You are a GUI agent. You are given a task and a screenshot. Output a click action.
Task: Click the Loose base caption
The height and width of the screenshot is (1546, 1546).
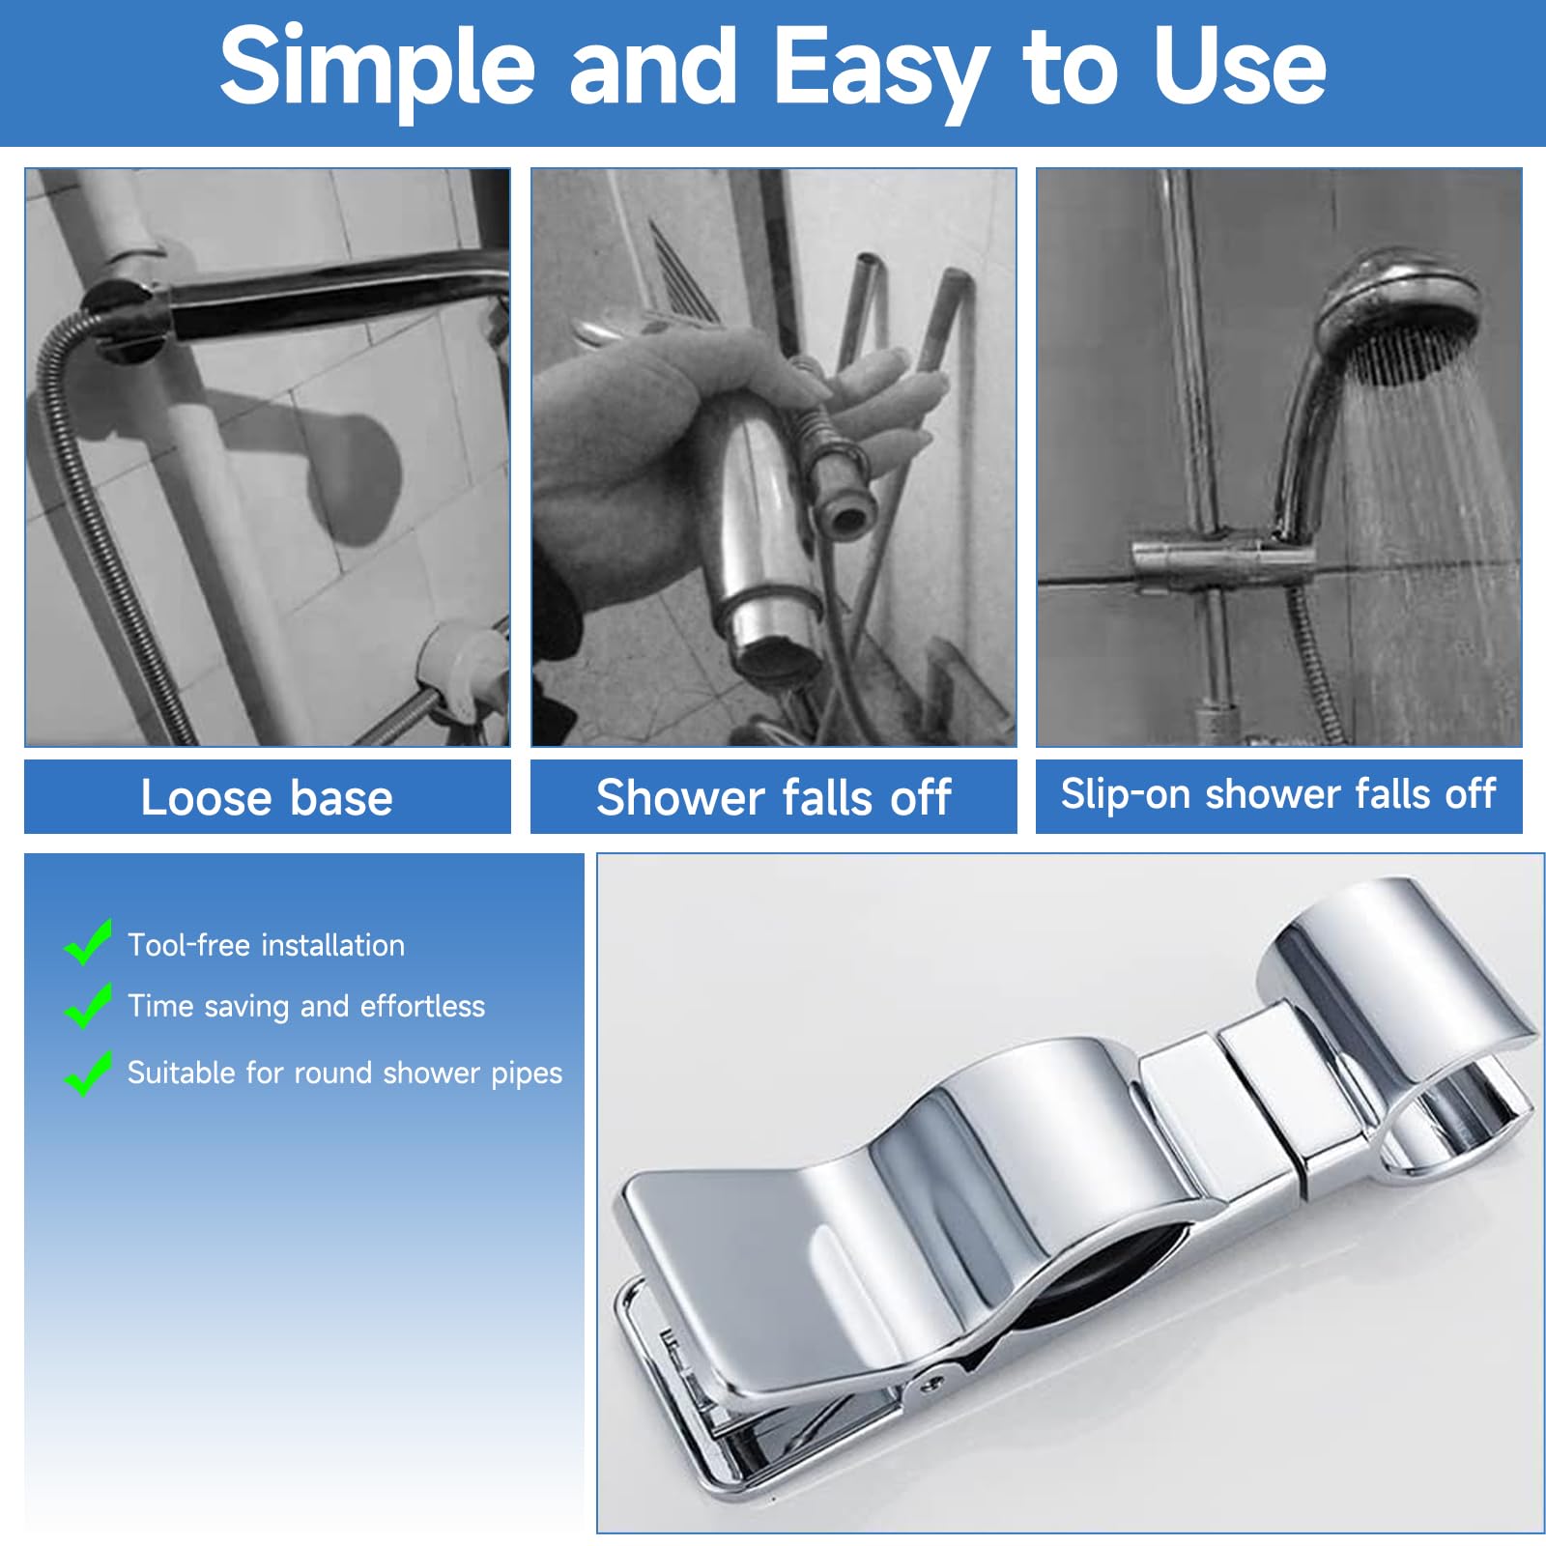coord(267,798)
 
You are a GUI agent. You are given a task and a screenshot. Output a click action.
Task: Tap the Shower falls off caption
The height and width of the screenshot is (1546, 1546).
coord(774,798)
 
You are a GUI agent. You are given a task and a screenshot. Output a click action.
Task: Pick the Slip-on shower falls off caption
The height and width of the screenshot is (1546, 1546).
coord(1278,794)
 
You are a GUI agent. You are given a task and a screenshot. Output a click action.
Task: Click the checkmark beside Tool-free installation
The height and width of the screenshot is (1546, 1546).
coord(88,941)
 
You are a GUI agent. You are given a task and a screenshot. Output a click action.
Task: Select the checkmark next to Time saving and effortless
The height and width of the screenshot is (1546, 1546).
coord(88,1005)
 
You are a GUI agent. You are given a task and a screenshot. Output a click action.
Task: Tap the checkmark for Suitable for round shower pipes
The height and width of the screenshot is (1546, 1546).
coord(88,1073)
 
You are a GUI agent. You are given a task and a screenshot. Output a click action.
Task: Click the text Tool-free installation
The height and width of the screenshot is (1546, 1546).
coord(267,945)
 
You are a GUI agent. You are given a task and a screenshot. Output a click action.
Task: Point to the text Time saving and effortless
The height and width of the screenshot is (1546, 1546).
coord(306,1007)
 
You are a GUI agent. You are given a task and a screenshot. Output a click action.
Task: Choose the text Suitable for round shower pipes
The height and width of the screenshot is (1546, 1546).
coord(345,1073)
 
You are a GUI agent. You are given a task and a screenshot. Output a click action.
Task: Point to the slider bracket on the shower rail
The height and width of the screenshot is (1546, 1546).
coord(1223,558)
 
